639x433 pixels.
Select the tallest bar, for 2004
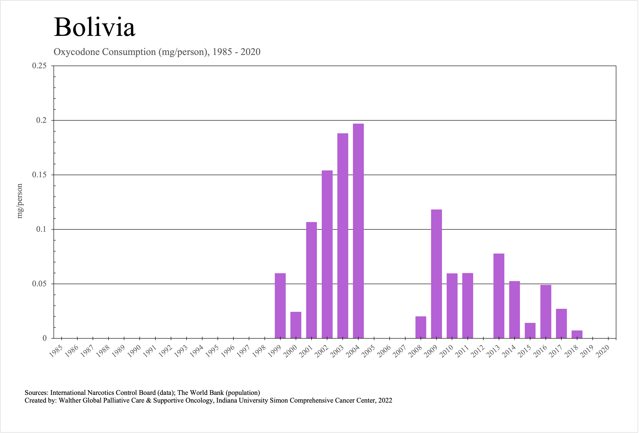coord(358,231)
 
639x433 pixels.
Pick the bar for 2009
coord(436,274)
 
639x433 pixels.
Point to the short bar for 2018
coord(577,334)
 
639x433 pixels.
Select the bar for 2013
coord(499,296)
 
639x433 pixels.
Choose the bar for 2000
coord(296,325)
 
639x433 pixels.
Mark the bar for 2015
coord(530,331)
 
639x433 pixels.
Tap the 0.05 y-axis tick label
coord(39,284)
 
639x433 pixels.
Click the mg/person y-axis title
coord(20,201)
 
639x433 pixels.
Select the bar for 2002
coord(327,254)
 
